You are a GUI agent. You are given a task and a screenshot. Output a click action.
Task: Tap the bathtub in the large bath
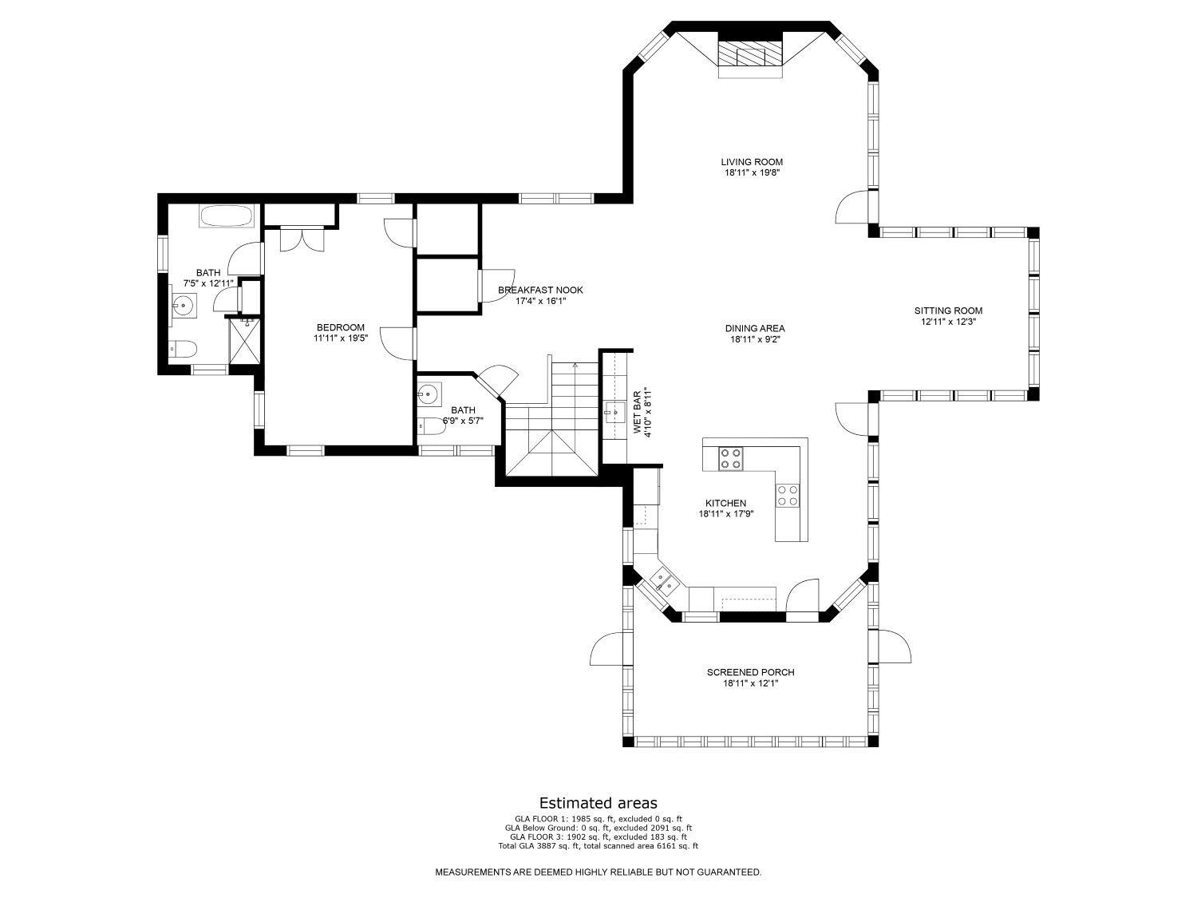(x=227, y=216)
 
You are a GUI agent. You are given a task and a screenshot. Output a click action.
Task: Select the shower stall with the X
(x=244, y=341)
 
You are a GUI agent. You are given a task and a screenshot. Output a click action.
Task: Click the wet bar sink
(x=614, y=412)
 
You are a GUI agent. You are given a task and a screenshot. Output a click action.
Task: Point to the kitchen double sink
(x=664, y=580)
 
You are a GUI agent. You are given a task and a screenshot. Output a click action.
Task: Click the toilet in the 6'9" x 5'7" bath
(x=432, y=425)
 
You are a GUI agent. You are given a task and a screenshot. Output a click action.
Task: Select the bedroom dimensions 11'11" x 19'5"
(x=340, y=338)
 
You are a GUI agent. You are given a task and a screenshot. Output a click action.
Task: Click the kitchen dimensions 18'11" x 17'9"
(x=726, y=513)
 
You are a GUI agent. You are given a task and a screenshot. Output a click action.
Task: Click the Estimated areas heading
(x=598, y=802)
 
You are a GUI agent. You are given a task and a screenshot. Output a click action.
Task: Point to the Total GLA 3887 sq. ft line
(x=598, y=846)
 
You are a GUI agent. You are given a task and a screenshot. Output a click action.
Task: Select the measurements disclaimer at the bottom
(x=598, y=872)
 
